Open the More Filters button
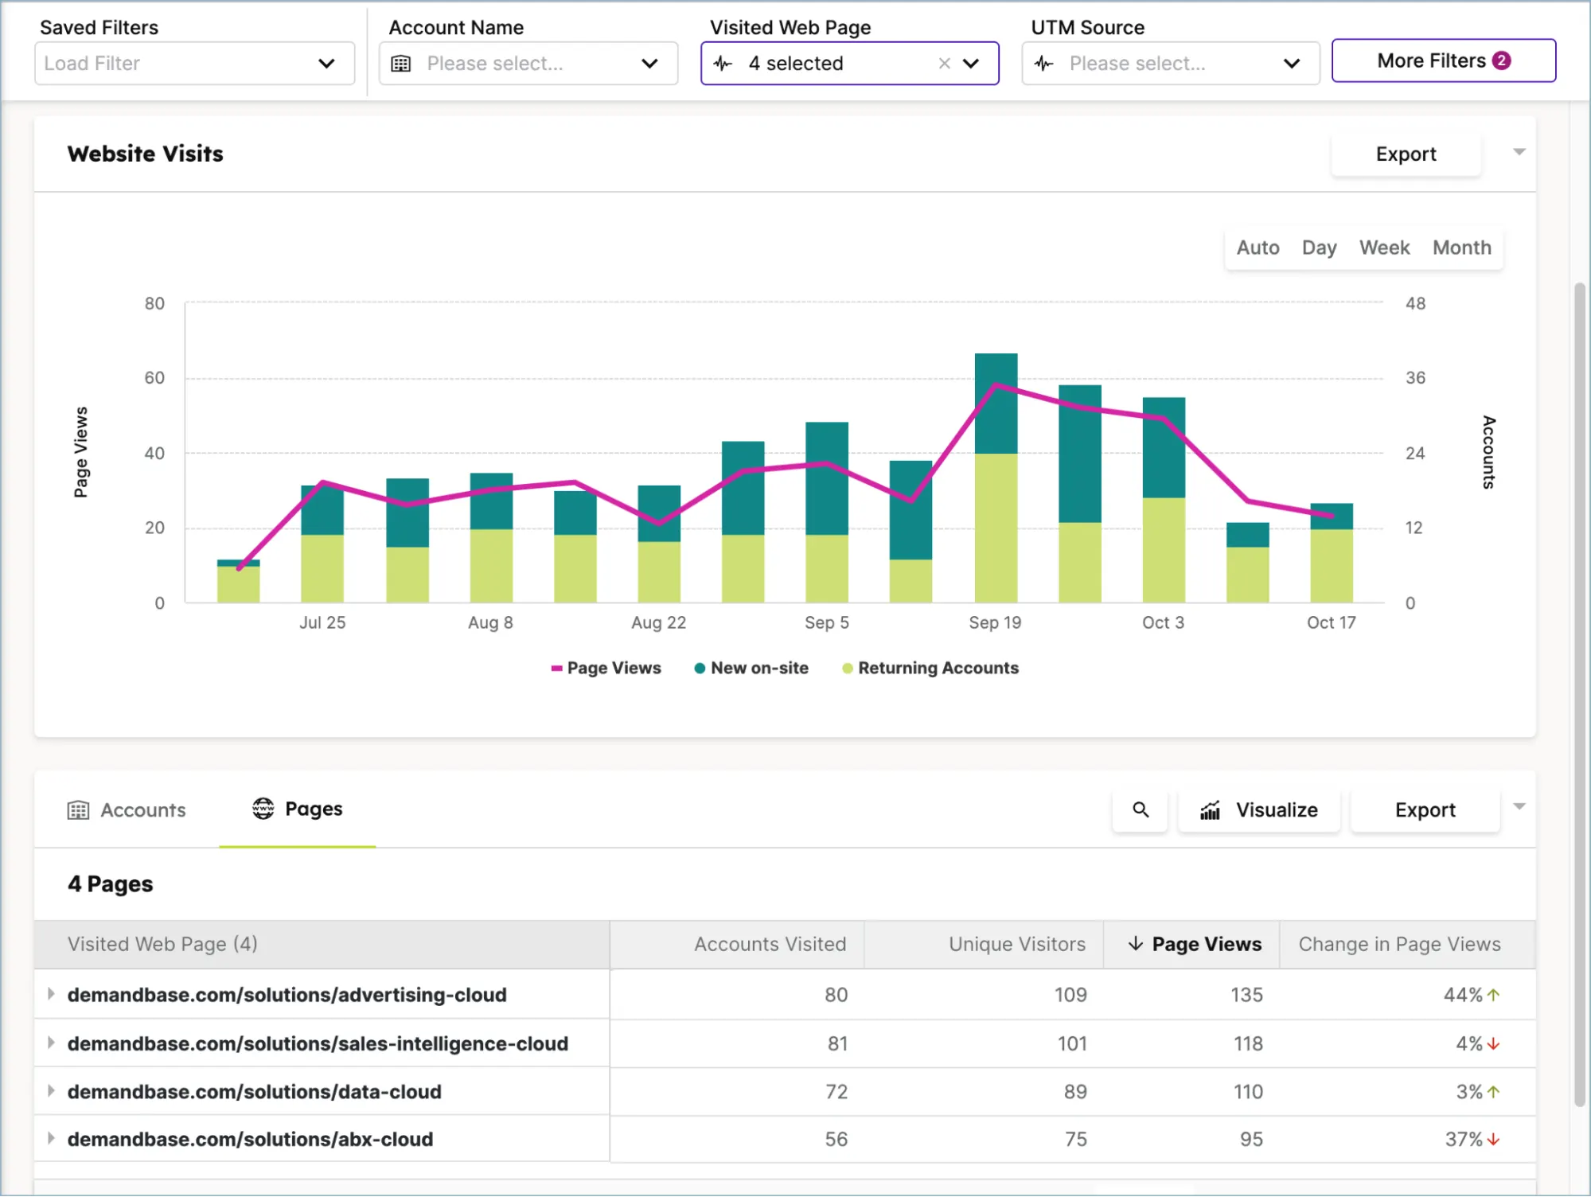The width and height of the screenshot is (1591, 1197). click(1443, 60)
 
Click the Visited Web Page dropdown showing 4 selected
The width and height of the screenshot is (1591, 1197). click(828, 64)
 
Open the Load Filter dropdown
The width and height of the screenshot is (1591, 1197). click(194, 64)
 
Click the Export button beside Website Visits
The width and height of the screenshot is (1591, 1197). click(1406, 154)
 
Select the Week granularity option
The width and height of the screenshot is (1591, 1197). click(1384, 248)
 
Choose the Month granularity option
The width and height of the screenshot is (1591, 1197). click(1461, 248)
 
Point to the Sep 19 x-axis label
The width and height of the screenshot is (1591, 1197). click(995, 623)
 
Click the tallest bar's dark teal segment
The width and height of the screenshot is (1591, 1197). click(996, 403)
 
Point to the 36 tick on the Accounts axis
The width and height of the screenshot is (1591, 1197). click(1414, 378)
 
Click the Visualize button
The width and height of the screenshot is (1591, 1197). click(1259, 810)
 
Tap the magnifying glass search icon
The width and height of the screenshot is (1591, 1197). click(1140, 810)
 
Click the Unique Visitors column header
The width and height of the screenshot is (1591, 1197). click(1016, 945)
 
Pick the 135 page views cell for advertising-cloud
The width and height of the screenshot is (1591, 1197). click(1246, 996)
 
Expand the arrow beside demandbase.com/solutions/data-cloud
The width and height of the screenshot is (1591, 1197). click(51, 1091)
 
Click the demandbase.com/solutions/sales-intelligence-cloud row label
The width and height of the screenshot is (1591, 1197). click(318, 1044)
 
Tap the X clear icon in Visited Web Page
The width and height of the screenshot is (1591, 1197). click(944, 64)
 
